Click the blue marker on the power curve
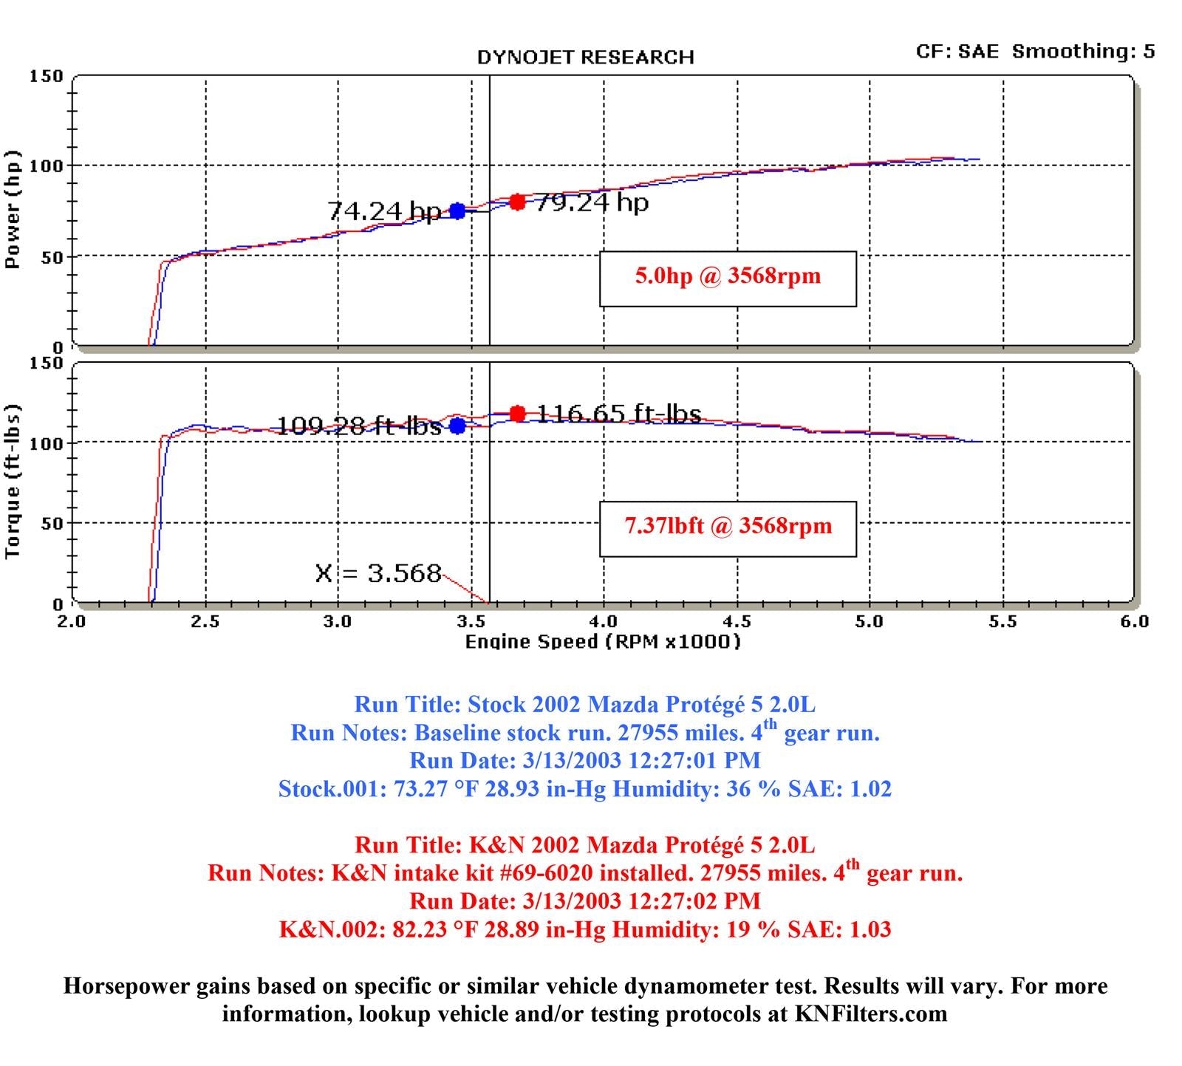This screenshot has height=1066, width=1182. pyautogui.click(x=457, y=211)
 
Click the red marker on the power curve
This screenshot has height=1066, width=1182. pyautogui.click(x=517, y=202)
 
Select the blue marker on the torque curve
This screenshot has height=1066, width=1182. pyautogui.click(x=457, y=426)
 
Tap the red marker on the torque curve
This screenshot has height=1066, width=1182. pyautogui.click(x=517, y=414)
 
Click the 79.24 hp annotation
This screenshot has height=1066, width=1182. pyautogui.click(x=591, y=202)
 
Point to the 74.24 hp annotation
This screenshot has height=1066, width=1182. pyautogui.click(x=383, y=212)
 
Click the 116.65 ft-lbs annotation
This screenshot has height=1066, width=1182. pyautogui.click(x=618, y=414)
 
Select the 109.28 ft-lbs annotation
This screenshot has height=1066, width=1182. pyautogui.click(x=358, y=426)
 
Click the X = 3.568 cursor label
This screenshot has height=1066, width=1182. pyautogui.click(x=378, y=573)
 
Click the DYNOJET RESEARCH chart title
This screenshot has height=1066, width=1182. pyautogui.click(x=585, y=58)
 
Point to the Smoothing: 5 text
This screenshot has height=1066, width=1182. pyautogui.click(x=1083, y=51)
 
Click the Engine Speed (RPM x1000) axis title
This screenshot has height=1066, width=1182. pyautogui.click(x=602, y=641)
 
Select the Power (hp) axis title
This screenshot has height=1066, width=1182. pyautogui.click(x=13, y=210)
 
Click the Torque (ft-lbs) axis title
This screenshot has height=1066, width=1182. pyautogui.click(x=13, y=482)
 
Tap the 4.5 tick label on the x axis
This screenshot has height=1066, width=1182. pyautogui.click(x=737, y=621)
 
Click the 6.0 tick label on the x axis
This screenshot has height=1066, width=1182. pyautogui.click(x=1134, y=621)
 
